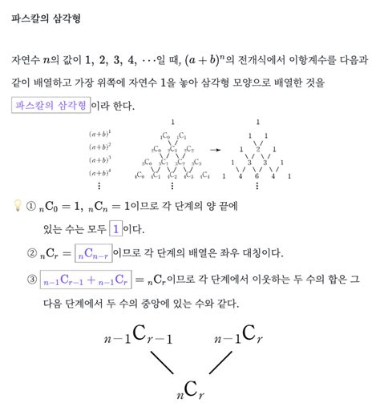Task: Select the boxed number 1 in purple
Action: (117, 229)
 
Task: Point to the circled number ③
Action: (31, 280)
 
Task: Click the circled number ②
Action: (31, 255)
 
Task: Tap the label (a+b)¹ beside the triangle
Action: (100, 134)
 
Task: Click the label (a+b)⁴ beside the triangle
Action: (100, 173)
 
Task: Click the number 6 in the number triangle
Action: (256, 175)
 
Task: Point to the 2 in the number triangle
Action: (256, 149)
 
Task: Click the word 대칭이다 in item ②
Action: (258, 254)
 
